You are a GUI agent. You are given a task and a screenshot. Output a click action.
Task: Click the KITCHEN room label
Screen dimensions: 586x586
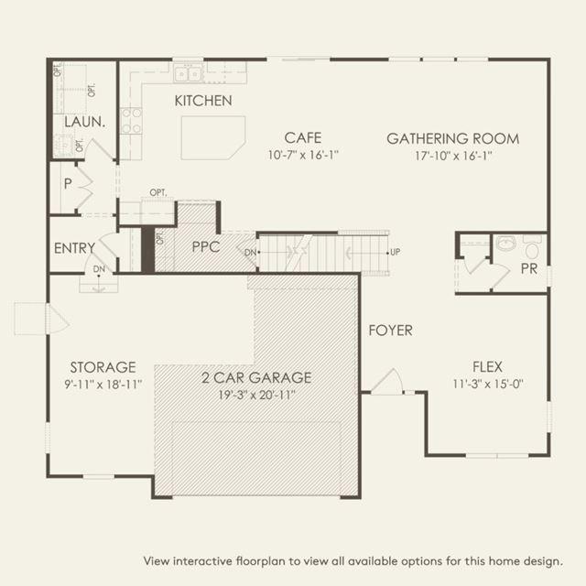203,101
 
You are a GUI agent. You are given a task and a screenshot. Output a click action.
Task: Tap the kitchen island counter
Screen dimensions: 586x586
213,137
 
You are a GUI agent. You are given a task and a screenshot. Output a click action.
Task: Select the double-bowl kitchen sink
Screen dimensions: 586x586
189,73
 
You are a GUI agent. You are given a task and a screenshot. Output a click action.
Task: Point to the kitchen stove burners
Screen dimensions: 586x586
132,120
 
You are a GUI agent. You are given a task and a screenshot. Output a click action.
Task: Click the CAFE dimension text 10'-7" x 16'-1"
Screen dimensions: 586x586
303,155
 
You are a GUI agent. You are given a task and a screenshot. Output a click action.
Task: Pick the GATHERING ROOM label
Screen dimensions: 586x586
453,138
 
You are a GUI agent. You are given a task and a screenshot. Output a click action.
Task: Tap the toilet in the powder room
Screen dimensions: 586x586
532,247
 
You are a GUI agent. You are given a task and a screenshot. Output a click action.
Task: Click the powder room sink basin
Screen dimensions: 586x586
505,243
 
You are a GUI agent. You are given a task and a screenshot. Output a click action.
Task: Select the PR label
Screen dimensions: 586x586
529,268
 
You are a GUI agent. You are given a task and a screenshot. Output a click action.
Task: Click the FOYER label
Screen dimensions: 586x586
391,331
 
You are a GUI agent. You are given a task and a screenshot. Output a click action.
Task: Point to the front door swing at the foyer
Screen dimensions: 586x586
387,381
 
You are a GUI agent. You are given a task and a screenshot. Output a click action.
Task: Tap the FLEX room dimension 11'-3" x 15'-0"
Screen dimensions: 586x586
488,384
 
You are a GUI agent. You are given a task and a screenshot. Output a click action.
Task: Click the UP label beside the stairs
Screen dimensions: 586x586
395,253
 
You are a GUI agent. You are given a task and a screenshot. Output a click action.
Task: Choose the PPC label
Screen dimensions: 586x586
205,246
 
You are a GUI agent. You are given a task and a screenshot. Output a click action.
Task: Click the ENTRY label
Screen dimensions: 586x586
74,248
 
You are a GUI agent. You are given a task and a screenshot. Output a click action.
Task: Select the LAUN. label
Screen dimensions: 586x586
84,122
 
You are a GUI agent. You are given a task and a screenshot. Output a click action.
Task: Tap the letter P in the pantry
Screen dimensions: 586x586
68,183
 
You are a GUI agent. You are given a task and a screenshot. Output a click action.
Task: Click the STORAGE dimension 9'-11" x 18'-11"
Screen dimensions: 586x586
103,385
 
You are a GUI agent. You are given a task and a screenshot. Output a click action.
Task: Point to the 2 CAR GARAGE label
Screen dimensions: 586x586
256,377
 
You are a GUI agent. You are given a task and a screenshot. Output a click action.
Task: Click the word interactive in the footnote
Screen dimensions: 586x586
203,561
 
